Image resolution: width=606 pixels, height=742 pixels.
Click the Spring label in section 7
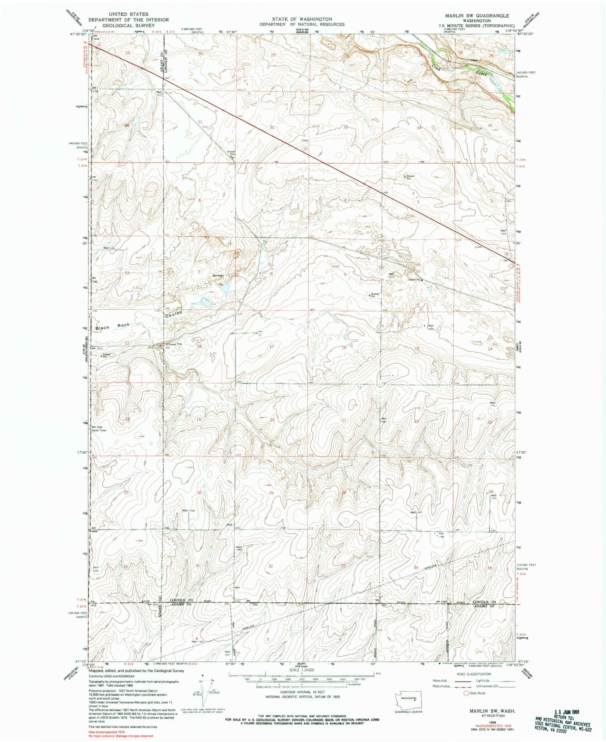[x=217, y=275]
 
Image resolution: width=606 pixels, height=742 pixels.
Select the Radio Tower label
[x=100, y=431]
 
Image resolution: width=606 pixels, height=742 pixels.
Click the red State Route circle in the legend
[x=466, y=693]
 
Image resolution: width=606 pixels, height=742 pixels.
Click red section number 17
[x=272, y=347]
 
